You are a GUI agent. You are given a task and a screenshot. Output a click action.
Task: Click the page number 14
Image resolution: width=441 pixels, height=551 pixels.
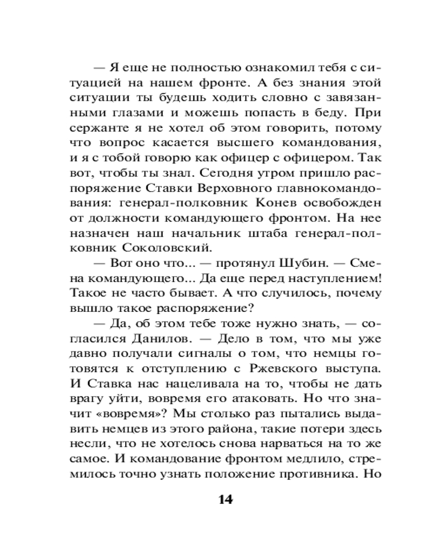point(225,500)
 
